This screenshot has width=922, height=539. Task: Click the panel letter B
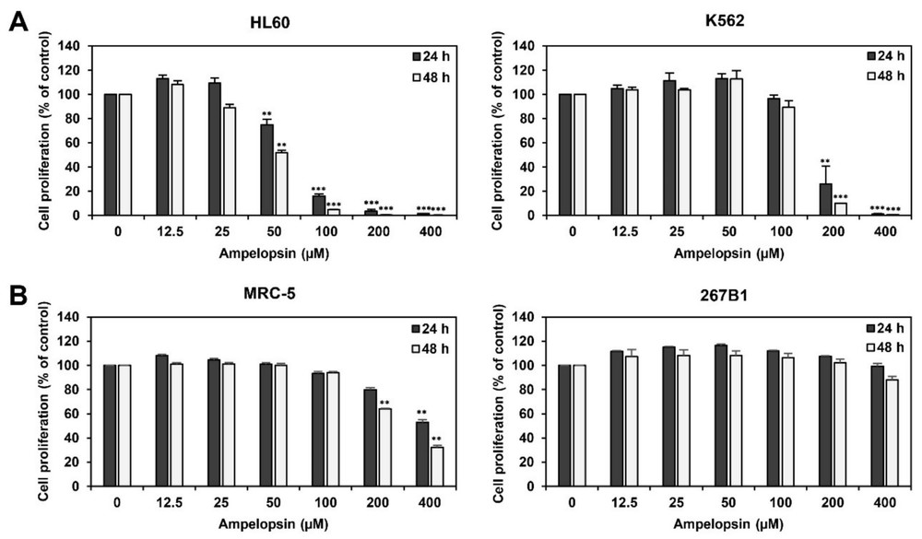pyautogui.click(x=16, y=297)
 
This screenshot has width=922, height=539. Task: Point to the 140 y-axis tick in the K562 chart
pyautogui.click(x=537, y=45)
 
